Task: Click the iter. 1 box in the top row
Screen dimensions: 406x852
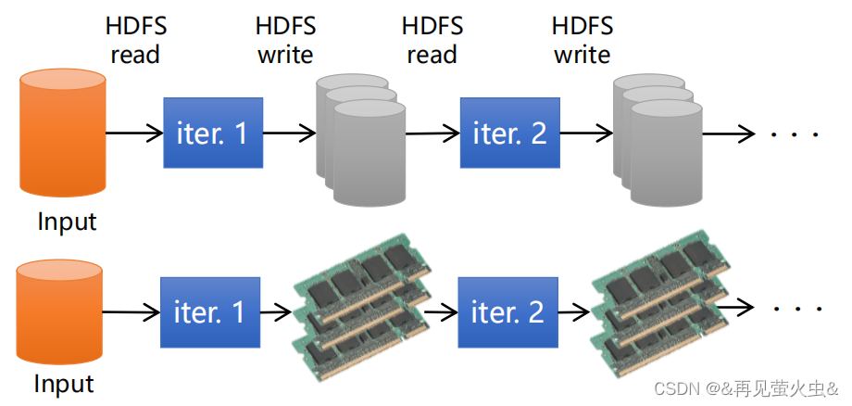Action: click(212, 133)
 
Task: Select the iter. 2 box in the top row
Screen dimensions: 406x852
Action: click(509, 133)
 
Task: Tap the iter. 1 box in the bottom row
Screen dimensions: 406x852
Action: click(210, 311)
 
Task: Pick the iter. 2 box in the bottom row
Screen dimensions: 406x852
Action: click(507, 311)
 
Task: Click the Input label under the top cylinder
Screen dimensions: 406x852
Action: click(67, 222)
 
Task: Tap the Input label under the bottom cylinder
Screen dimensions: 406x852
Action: click(64, 383)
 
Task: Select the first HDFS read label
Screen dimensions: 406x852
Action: click(135, 40)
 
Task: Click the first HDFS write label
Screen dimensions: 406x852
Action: click(285, 40)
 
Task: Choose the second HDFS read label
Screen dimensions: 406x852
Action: click(432, 40)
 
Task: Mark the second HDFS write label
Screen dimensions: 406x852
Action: click(582, 40)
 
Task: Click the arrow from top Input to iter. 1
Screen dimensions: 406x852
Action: click(133, 133)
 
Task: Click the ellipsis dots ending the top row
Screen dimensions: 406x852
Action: click(796, 135)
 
